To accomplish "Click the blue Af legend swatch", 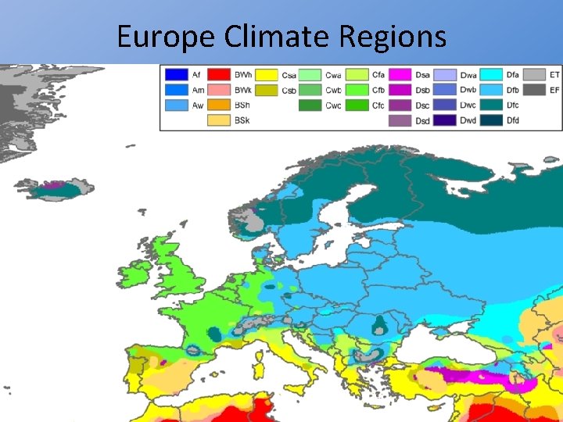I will tap(175, 75).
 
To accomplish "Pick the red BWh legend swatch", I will tap(218, 75).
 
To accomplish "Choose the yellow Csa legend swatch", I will tap(266, 75).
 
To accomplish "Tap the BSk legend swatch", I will tap(218, 120).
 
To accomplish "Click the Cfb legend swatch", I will tap(357, 91).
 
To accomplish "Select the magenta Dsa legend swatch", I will tap(401, 75).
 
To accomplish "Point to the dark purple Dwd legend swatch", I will tap(446, 120).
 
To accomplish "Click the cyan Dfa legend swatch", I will tap(491, 75).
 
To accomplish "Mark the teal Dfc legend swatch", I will tap(491, 105).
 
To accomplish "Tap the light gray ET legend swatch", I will tap(534, 75).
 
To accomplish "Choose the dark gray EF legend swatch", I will tap(534, 91).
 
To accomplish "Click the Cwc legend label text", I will tap(333, 105).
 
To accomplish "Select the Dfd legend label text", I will tap(512, 120).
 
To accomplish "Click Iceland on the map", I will tap(59, 189).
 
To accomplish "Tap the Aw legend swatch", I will tap(175, 105).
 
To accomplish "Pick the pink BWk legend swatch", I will tap(218, 91).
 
